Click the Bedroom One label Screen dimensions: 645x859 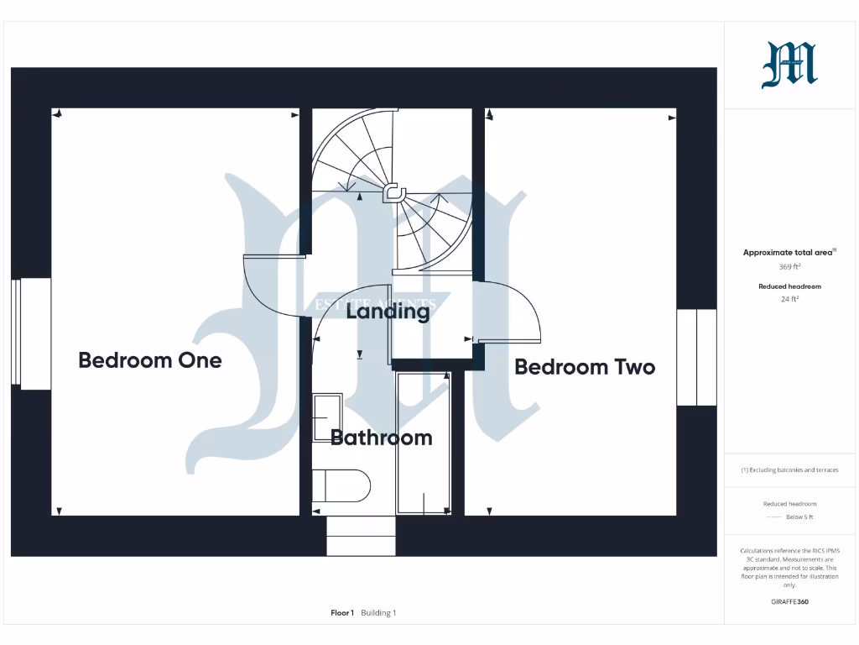coord(150,360)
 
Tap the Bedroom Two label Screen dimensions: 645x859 coord(585,367)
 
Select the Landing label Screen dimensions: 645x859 coord(388,312)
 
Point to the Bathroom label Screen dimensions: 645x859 coord(382,438)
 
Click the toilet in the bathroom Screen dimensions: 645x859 coord(342,485)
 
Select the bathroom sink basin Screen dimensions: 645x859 coord(327,417)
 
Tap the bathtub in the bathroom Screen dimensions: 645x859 coord(424,443)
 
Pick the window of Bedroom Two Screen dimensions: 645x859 coord(696,358)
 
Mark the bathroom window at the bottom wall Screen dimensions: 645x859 coord(361,536)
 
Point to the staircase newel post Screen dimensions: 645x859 coord(393,194)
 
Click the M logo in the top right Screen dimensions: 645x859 coord(789,66)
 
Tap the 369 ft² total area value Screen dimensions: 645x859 coord(789,266)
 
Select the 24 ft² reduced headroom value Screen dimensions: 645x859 coord(789,298)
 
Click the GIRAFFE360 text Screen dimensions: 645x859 coord(789,601)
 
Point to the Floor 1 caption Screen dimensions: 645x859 coord(342,613)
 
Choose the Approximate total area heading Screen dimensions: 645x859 coord(789,252)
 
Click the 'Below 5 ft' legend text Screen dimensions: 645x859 coord(799,517)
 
